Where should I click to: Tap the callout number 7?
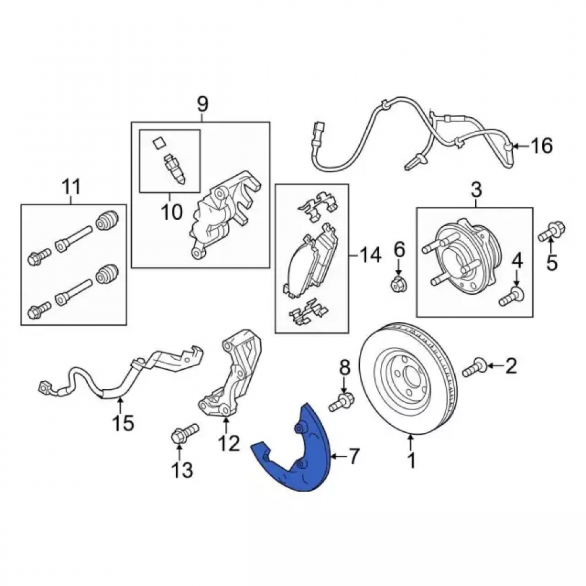[353, 456]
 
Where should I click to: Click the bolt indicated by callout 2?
[475, 367]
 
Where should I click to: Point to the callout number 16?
[541, 146]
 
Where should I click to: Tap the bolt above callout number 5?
[551, 231]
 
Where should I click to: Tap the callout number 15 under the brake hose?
[123, 424]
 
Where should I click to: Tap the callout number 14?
[370, 255]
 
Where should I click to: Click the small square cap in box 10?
[158, 143]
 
